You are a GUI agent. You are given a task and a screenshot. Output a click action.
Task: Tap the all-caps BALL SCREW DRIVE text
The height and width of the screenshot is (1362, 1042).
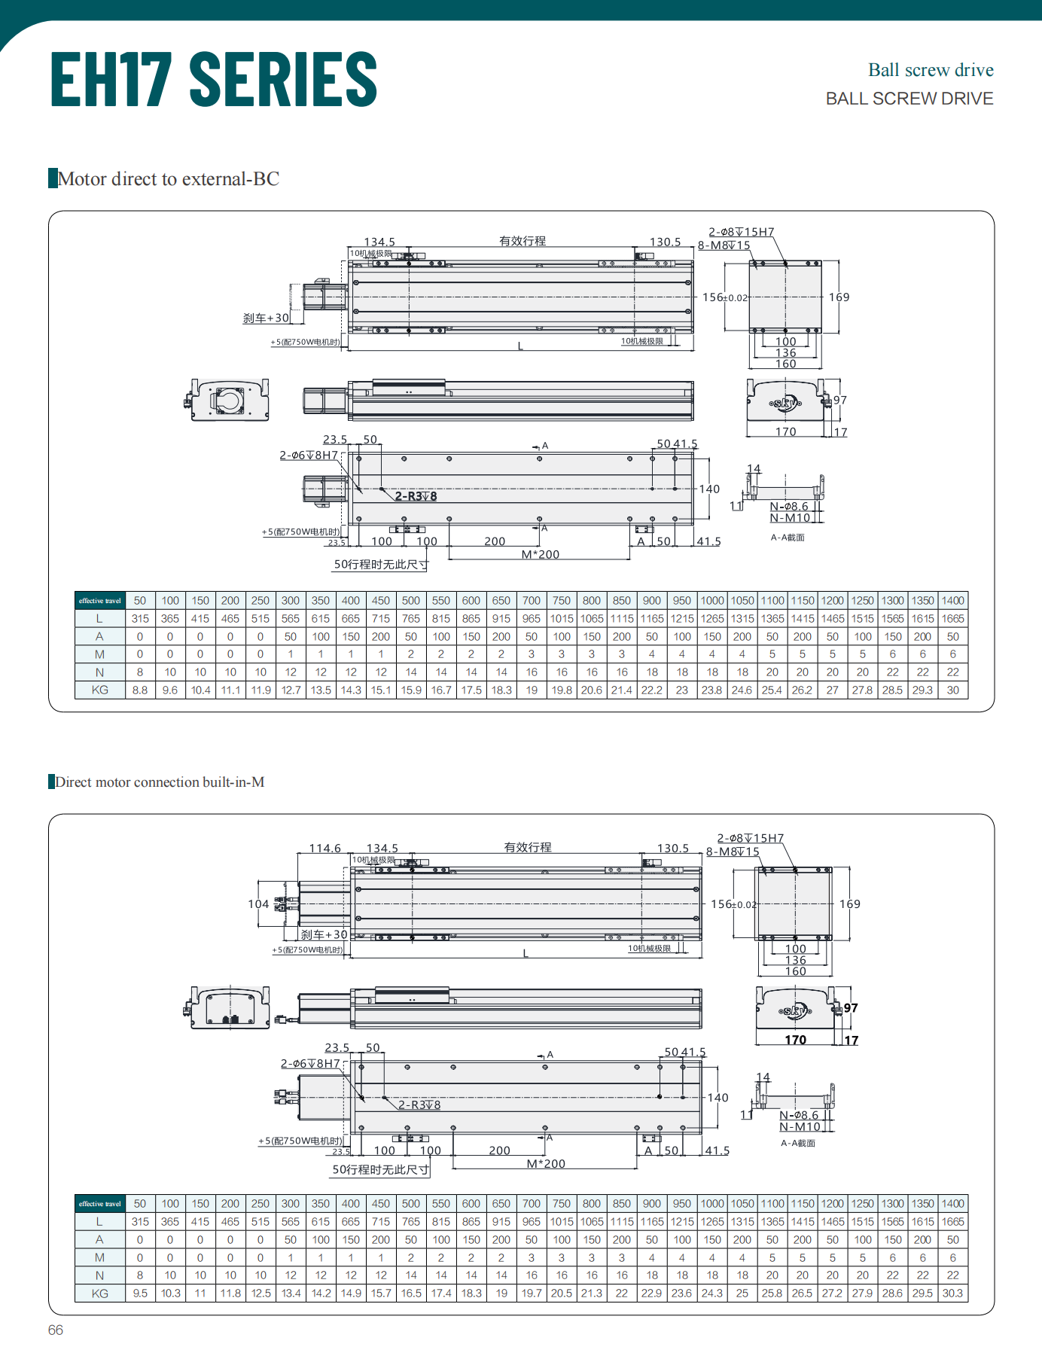point(909,99)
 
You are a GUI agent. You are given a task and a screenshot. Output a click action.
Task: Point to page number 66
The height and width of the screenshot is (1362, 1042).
point(56,1330)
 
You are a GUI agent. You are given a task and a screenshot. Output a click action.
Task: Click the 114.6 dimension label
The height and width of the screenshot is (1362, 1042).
point(324,849)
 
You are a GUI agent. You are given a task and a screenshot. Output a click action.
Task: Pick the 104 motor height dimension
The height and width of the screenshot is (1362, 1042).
point(258,904)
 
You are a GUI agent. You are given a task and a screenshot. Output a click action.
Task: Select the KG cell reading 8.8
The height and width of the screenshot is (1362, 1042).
point(140,690)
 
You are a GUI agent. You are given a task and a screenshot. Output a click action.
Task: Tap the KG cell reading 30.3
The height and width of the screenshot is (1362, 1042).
point(952,1293)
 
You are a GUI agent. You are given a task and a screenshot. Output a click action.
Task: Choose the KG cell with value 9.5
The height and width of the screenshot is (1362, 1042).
point(140,1293)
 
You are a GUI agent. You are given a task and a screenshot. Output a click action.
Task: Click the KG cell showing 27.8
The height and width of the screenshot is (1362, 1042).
point(862,690)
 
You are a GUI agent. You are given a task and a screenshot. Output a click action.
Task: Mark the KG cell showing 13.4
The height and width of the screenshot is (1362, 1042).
point(291,1293)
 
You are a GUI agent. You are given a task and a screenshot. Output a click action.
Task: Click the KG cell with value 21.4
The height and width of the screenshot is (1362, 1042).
point(621,690)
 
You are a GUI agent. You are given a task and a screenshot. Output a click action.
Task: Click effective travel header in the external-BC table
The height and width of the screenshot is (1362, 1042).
point(100,601)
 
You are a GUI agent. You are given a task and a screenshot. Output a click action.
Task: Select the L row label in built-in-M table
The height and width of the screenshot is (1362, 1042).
point(100,1222)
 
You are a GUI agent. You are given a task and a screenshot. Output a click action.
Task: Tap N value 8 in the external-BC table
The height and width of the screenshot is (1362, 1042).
point(140,672)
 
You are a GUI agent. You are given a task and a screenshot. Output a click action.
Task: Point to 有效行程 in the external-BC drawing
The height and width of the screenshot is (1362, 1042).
point(523,241)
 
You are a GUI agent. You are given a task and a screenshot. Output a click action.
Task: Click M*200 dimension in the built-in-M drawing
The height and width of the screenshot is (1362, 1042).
point(546,1164)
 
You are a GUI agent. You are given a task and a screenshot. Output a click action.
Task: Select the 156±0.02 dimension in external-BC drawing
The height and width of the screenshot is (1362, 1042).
point(724,297)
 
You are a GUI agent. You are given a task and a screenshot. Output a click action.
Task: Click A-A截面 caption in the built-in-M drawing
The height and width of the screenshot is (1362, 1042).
point(798,1143)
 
